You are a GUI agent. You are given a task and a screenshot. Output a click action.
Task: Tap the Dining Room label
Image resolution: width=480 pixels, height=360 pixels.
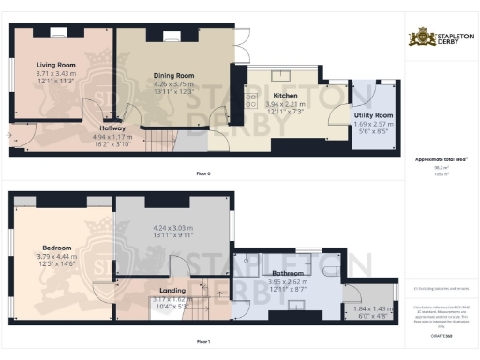(172, 75)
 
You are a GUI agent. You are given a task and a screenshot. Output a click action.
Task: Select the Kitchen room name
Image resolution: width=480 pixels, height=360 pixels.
(286, 96)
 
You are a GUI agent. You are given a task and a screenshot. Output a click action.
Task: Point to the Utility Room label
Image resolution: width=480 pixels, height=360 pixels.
(373, 114)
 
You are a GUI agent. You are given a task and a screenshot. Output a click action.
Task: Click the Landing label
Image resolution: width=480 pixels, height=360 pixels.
(172, 291)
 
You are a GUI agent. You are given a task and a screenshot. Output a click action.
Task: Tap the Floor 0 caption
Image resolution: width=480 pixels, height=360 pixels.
(203, 174)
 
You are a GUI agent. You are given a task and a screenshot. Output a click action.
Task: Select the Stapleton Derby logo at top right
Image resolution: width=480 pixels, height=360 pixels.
(443, 38)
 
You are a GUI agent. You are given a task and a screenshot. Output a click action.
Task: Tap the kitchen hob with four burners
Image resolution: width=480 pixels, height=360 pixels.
(252, 98)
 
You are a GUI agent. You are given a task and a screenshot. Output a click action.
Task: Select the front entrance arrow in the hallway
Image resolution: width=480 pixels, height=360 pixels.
(10, 135)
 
